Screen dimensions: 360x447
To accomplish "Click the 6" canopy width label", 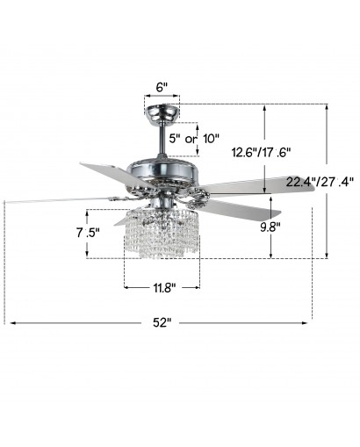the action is point(162,87).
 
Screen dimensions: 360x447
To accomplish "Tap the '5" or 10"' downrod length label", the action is point(194,139).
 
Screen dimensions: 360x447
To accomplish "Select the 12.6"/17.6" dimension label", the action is point(262,153).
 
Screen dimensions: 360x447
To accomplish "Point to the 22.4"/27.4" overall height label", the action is point(320,182).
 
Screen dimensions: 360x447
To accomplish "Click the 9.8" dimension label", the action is point(270,227).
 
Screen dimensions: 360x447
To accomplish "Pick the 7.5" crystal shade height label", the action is point(88,233).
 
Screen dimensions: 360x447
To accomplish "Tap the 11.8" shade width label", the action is point(164,288).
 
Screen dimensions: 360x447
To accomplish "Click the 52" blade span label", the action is point(162,322).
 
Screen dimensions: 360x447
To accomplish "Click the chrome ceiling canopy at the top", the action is point(162,114).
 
